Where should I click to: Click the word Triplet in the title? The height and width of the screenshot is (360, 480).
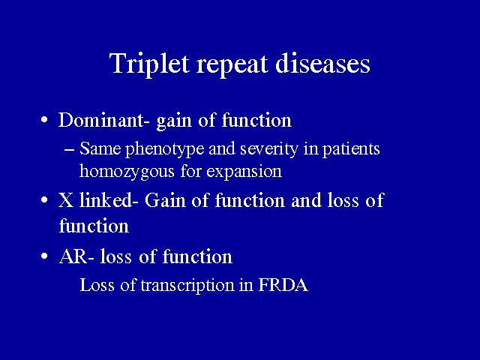[x=149, y=64]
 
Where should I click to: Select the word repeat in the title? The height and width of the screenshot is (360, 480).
[x=232, y=65]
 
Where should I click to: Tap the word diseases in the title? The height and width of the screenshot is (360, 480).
[x=322, y=63]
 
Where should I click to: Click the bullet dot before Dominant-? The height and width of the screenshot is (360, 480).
[x=44, y=120]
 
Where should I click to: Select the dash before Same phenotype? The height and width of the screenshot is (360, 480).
[x=69, y=150]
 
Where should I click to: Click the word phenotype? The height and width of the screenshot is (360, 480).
[x=165, y=150]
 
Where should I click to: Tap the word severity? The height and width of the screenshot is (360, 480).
[x=268, y=150]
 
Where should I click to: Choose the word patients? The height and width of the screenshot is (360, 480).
[x=351, y=150]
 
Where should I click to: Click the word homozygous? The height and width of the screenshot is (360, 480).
[x=127, y=172]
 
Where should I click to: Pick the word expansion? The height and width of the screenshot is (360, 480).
[x=244, y=172]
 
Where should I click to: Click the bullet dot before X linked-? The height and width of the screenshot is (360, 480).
[x=44, y=200]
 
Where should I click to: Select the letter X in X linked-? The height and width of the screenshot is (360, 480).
[x=66, y=201]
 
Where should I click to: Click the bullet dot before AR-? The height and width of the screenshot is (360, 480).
[x=44, y=256]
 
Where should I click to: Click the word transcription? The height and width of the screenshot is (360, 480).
[x=187, y=285]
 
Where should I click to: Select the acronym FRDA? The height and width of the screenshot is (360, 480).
[x=283, y=285]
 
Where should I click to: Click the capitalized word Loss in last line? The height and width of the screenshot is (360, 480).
[x=97, y=285]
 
